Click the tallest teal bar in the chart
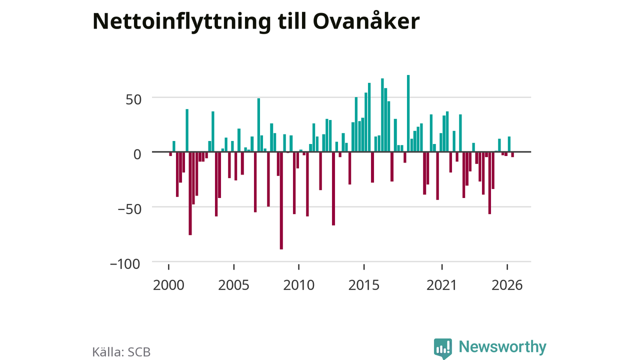click(408, 113)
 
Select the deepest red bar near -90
click(281, 200)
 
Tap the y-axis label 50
click(133, 100)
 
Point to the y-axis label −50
click(129, 209)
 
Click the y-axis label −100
click(125, 264)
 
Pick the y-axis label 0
click(137, 154)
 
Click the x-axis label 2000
click(168, 285)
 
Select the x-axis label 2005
click(233, 285)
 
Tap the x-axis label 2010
click(299, 285)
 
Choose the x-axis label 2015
click(364, 285)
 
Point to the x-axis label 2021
click(442, 285)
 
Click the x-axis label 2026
click(507, 285)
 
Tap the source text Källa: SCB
click(121, 352)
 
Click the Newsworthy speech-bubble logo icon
click(443, 348)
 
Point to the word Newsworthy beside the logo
click(502, 347)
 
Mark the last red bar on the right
click(512, 154)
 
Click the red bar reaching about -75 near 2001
click(190, 193)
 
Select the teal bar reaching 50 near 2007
click(258, 125)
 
